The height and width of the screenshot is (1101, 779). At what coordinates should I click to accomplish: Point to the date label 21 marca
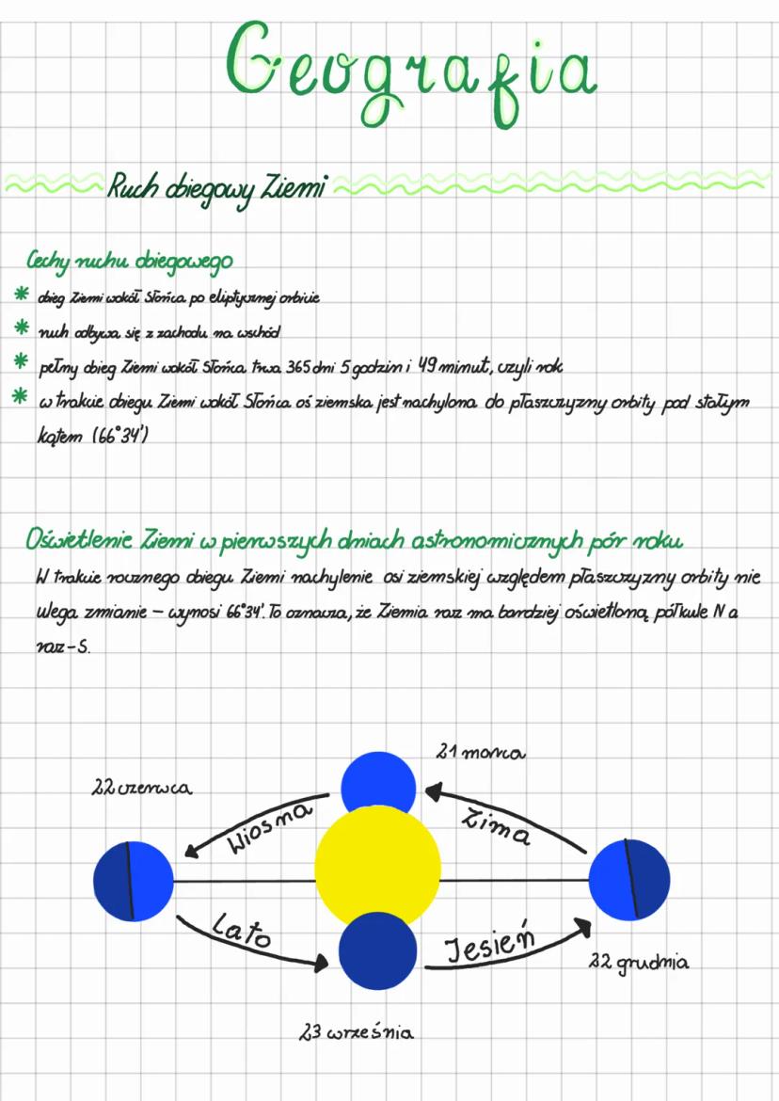[480, 753]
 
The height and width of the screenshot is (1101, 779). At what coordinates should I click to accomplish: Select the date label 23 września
[356, 1033]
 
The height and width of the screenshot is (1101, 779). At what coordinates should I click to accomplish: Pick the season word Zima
[497, 826]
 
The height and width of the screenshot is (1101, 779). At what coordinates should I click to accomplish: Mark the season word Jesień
[489, 944]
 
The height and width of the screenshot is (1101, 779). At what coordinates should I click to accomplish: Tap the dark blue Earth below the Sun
[377, 950]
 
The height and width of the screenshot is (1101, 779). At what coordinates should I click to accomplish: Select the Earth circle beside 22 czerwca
[134, 882]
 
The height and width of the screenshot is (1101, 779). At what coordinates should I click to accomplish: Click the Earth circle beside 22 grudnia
[629, 880]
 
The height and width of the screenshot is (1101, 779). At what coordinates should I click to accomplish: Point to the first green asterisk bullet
[18, 296]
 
